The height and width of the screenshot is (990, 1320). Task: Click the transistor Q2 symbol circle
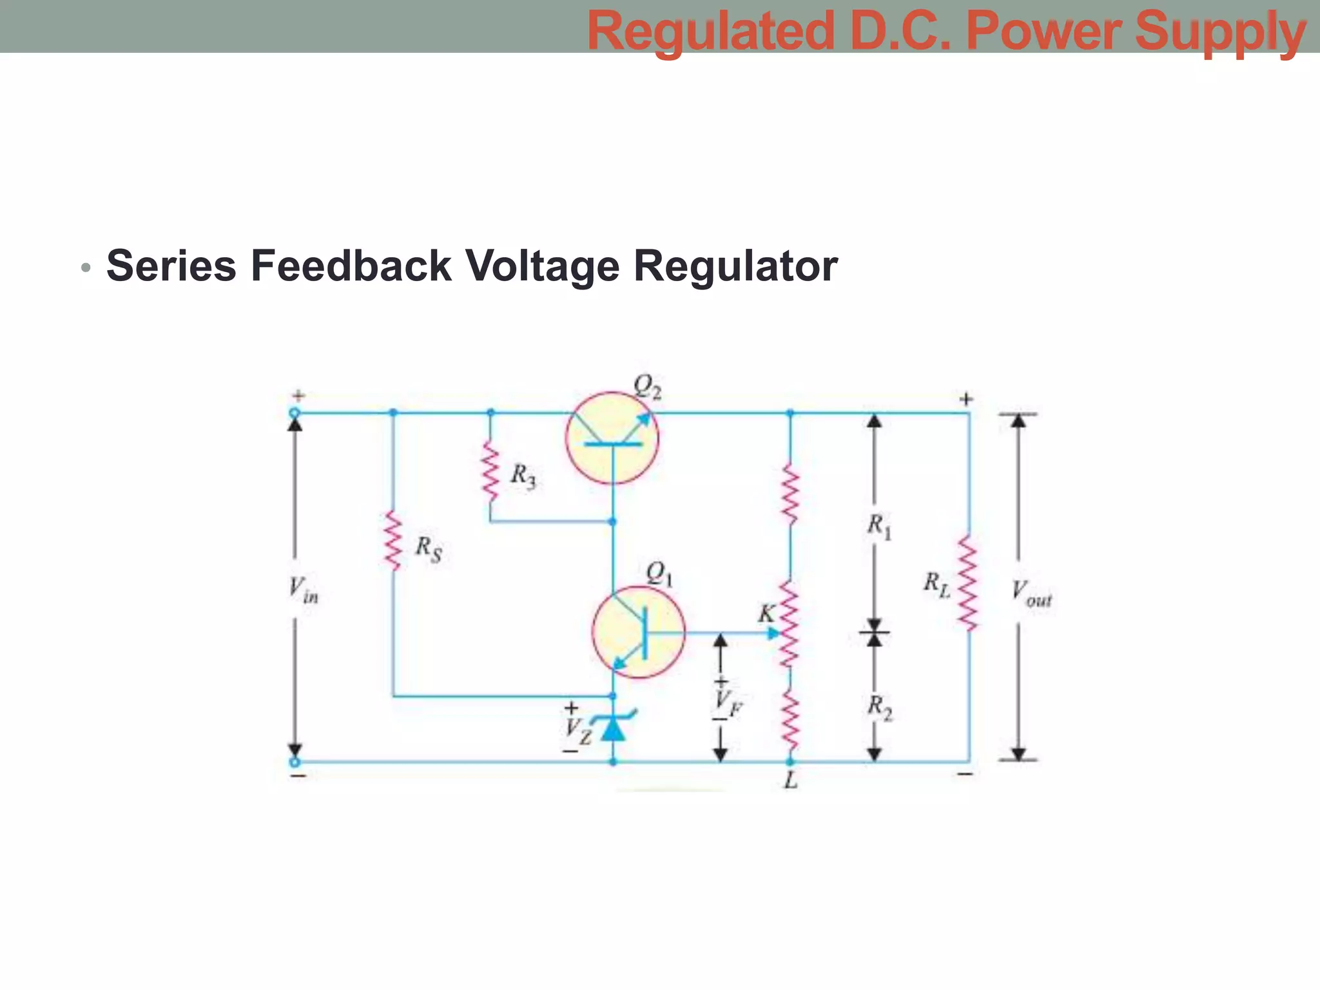coord(612,438)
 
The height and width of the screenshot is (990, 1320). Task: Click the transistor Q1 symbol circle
coord(638,632)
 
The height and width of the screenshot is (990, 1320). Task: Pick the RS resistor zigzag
coord(393,541)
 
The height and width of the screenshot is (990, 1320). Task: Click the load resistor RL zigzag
coord(968,582)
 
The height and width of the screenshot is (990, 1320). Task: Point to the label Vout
coord(1031,592)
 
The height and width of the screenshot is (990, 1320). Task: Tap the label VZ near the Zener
coord(577,731)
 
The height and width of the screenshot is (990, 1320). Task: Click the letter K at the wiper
coord(766,614)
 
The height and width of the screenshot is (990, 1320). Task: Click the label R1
coord(878,527)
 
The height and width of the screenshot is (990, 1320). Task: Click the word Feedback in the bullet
coord(351,266)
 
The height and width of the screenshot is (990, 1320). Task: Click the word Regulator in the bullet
coord(735,266)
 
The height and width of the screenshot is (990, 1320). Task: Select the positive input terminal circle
coord(295,413)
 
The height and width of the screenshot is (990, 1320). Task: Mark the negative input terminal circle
coord(295,762)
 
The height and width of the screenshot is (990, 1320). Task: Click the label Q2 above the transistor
coord(647,387)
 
